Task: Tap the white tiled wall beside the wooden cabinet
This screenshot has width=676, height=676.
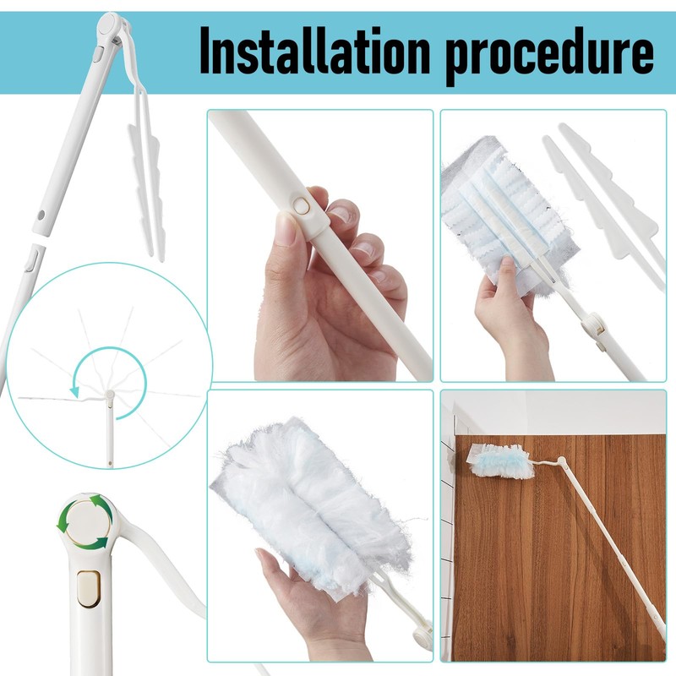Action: (x=445, y=524)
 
